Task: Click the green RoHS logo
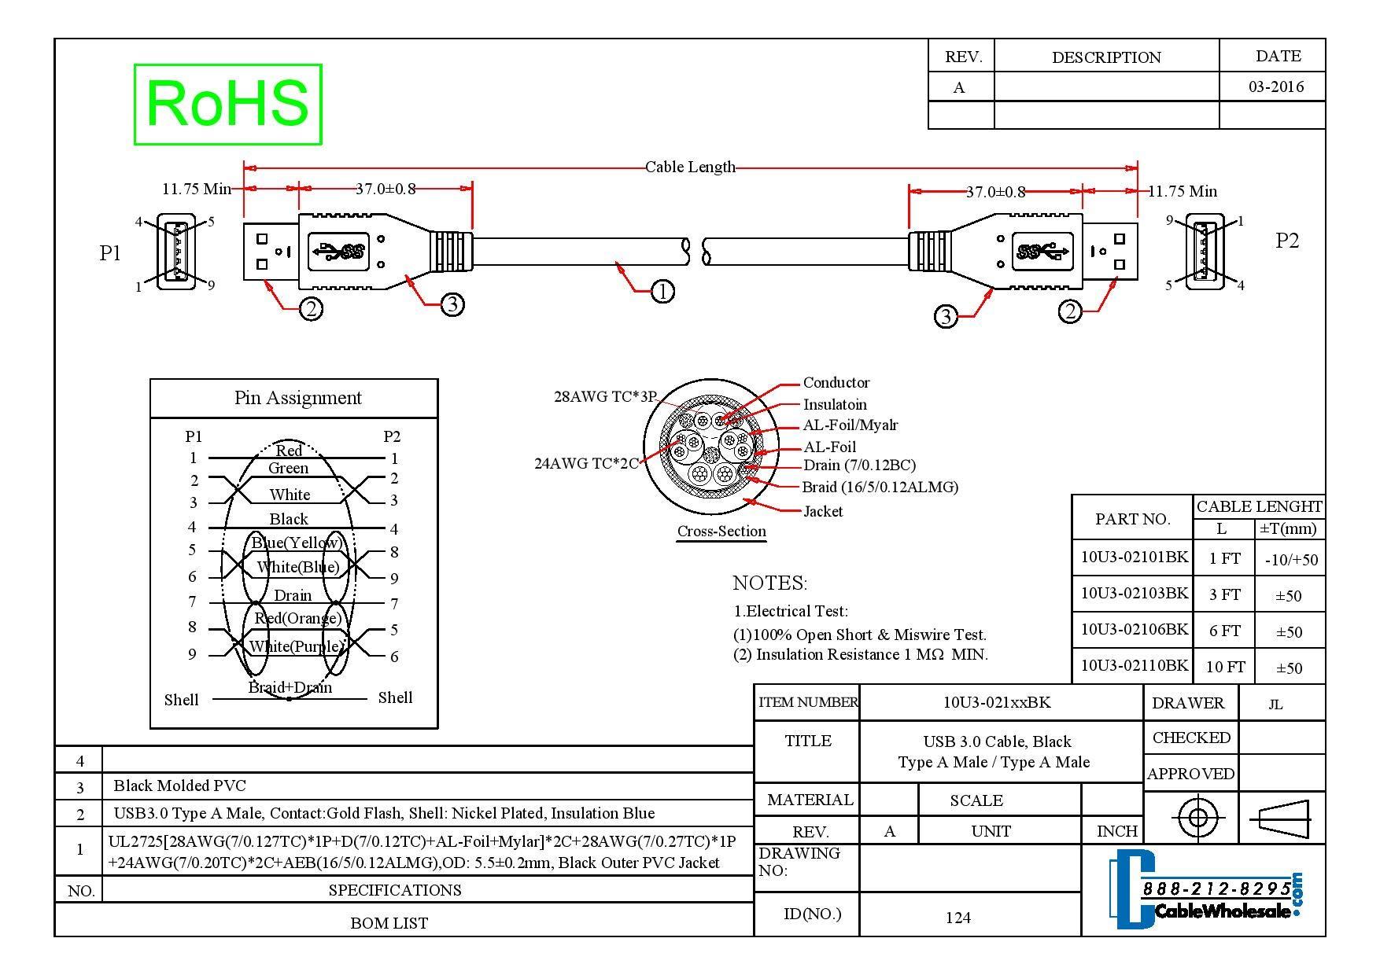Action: click(227, 104)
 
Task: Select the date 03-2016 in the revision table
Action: click(1275, 86)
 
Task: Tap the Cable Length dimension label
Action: click(689, 167)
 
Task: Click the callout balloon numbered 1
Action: click(662, 292)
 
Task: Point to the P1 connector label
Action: click(110, 252)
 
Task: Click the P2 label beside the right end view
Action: click(1286, 241)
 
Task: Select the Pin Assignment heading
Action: click(297, 398)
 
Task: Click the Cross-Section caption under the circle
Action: click(721, 531)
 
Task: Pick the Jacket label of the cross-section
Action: click(823, 511)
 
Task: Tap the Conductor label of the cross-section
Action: click(836, 383)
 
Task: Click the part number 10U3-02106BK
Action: click(1134, 629)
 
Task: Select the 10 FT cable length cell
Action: click(1225, 667)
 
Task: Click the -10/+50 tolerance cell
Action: click(1290, 560)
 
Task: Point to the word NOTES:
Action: click(769, 583)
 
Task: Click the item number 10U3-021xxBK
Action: click(996, 702)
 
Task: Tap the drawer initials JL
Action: click(1275, 705)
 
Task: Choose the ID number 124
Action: click(958, 917)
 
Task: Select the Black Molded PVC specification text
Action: click(179, 786)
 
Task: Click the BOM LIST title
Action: click(389, 923)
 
